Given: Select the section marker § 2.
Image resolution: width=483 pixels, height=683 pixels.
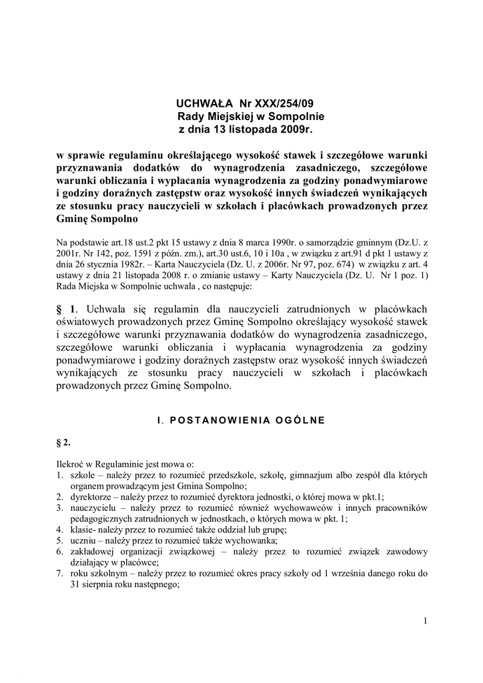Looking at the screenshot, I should (x=63, y=443).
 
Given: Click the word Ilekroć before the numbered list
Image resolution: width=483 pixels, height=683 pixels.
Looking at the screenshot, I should (x=71, y=464).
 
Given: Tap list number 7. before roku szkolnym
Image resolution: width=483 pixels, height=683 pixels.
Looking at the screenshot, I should (x=60, y=574).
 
